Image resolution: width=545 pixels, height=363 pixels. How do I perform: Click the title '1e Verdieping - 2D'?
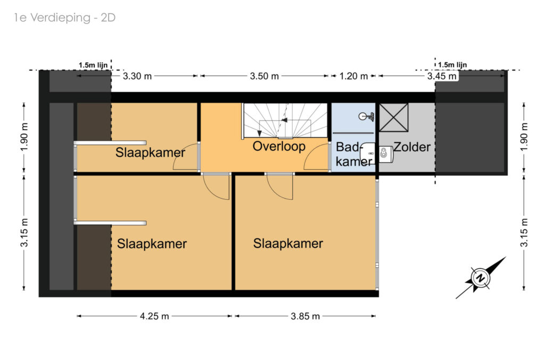click(x=64, y=18)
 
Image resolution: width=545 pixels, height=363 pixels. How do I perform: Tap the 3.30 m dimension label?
click(x=137, y=76)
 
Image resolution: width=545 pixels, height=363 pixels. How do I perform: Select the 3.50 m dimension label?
click(x=264, y=76)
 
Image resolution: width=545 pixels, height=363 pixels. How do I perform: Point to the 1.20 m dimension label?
click(x=353, y=76)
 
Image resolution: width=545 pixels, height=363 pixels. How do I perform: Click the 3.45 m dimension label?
click(x=442, y=76)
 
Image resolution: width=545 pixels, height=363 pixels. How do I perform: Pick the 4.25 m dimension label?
click(x=154, y=316)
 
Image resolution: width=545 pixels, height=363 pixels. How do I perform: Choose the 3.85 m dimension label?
click(x=305, y=316)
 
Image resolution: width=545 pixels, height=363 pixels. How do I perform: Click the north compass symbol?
click(x=481, y=278)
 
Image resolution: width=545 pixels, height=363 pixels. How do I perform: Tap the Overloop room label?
click(x=279, y=147)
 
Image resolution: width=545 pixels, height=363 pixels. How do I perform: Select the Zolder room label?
click(x=412, y=147)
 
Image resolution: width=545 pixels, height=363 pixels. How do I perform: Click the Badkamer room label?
click(x=353, y=154)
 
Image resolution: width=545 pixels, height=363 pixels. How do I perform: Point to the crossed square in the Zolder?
click(x=393, y=117)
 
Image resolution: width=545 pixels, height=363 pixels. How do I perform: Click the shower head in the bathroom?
click(x=366, y=116)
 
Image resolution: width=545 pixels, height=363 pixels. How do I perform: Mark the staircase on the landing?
click(x=285, y=121)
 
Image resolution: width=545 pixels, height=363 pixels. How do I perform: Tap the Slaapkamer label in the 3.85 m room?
click(x=288, y=243)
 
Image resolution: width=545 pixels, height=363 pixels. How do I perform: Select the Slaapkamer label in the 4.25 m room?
click(x=152, y=244)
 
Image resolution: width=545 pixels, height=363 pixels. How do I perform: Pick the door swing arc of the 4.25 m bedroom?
click(x=211, y=193)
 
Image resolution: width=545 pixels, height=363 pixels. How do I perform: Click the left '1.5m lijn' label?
click(x=93, y=65)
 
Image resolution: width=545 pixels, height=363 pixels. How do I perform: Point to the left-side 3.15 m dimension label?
click(x=24, y=232)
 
